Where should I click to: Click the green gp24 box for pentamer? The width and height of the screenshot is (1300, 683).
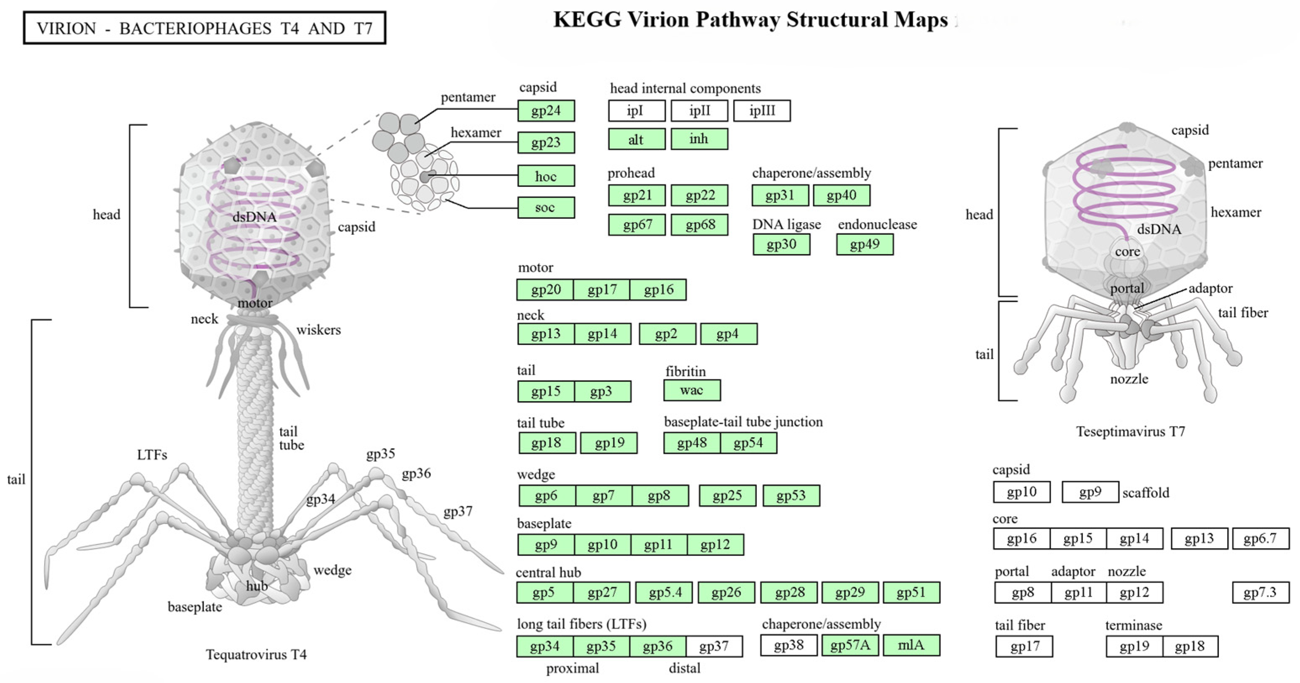pyautogui.click(x=546, y=110)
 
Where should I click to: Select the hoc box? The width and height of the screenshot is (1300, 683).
pyautogui.click(x=546, y=176)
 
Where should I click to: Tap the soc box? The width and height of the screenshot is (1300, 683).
pyautogui.click(x=546, y=208)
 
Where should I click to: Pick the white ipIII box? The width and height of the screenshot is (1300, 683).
pyautogui.click(x=762, y=110)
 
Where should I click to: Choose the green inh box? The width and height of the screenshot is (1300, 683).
pyautogui.click(x=699, y=139)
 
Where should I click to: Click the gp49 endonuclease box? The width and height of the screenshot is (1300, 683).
pyautogui.click(x=864, y=245)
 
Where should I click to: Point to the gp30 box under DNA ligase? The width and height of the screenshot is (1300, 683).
pyautogui.click(x=781, y=245)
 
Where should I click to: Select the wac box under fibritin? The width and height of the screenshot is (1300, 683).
pyautogui.click(x=691, y=390)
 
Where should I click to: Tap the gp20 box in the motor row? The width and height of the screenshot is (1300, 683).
pyautogui.click(x=546, y=290)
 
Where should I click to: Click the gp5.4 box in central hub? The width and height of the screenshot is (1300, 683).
pyautogui.click(x=664, y=593)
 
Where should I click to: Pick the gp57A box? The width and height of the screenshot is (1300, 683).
pyautogui.click(x=850, y=645)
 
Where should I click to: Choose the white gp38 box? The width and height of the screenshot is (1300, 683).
pyautogui.click(x=788, y=645)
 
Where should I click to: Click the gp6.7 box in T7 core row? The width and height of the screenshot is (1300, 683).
pyautogui.click(x=1260, y=539)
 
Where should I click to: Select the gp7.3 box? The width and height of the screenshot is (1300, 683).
pyautogui.click(x=1260, y=593)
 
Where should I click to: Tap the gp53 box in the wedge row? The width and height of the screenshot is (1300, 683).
pyautogui.click(x=791, y=496)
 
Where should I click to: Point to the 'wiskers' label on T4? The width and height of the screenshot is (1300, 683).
pyautogui.click(x=318, y=330)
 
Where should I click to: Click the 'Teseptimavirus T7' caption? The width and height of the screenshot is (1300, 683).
pyautogui.click(x=1130, y=432)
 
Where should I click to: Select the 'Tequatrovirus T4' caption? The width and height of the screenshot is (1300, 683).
pyautogui.click(x=256, y=655)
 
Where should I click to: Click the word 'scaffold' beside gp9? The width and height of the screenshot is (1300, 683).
pyautogui.click(x=1145, y=493)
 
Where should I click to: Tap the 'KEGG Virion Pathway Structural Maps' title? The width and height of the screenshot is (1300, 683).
pyautogui.click(x=751, y=20)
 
